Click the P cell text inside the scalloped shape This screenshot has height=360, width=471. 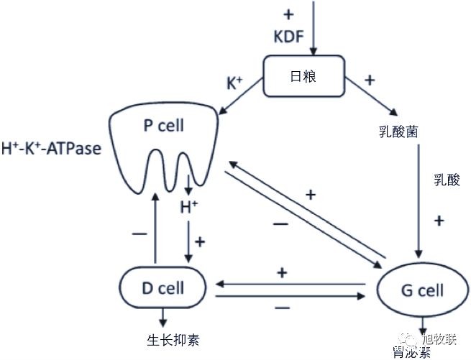click(163, 126)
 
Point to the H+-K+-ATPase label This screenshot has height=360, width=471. click(51, 149)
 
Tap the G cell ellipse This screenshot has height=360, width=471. click(421, 291)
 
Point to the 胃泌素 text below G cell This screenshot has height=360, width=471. click(413, 351)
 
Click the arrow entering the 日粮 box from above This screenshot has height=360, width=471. click(313, 29)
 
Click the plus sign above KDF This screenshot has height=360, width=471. click(289, 14)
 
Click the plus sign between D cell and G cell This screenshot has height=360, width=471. click(282, 272)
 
